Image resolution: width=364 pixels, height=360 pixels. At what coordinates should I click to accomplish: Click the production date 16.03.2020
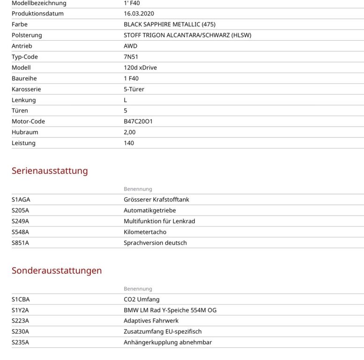[140, 14]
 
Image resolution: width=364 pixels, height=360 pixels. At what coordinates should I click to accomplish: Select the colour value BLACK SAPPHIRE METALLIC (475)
[170, 24]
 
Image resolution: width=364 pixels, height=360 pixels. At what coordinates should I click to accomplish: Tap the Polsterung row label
[27, 35]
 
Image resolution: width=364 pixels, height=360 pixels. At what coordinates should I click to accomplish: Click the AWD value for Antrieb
[130, 46]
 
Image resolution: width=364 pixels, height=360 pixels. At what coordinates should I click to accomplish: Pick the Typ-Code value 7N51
[131, 57]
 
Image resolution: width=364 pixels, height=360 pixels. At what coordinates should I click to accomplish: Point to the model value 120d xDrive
[140, 67]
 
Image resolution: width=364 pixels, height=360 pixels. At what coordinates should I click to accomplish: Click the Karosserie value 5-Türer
[134, 89]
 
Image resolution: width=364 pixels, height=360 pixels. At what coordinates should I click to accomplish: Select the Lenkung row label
[23, 100]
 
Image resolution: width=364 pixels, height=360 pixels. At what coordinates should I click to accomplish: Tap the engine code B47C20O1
[138, 121]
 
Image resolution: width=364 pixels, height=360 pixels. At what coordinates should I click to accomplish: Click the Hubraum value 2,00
[130, 132]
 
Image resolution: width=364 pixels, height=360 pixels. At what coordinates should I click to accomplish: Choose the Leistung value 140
[129, 143]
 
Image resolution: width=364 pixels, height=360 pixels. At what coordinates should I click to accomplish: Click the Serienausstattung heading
[50, 171]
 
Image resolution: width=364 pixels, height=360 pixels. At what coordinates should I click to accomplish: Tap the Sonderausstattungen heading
[57, 270]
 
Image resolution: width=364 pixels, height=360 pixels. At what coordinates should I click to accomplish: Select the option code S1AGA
[21, 200]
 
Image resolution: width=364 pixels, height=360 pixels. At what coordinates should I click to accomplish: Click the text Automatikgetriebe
[150, 210]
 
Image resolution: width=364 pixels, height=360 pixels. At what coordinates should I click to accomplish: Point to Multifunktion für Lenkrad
[159, 221]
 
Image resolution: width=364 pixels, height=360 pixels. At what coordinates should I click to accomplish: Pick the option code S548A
[20, 232]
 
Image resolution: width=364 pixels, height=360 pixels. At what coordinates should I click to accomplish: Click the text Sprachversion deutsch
[155, 243]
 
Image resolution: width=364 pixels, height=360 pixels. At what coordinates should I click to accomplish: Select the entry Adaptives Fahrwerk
[151, 321]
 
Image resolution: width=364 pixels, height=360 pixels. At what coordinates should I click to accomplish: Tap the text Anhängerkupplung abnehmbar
[168, 342]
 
